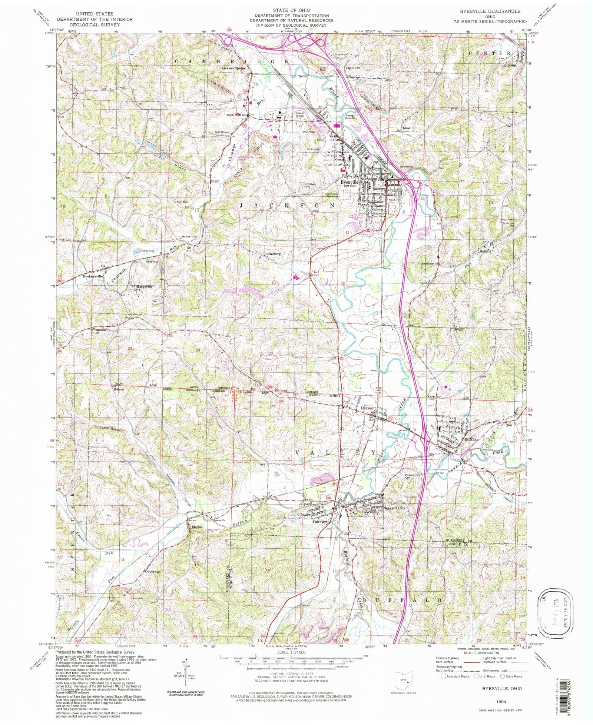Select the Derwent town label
click(x=368, y=408)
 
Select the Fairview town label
click(x=320, y=521)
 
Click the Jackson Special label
click(x=233, y=68)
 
